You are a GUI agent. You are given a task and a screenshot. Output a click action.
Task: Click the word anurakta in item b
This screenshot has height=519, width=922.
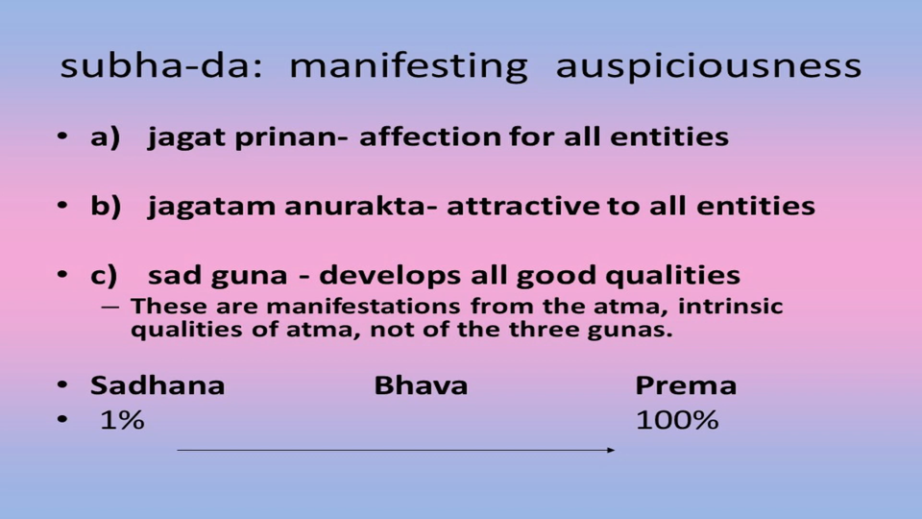pos(361,206)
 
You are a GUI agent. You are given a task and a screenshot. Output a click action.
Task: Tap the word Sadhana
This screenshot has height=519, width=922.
pos(158,386)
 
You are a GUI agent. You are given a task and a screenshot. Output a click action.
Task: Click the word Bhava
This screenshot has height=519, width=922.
pos(421,386)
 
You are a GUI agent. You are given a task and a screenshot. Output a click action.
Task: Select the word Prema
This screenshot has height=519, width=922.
pos(686,386)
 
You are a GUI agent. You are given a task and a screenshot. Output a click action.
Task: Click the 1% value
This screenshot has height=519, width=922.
pos(122,420)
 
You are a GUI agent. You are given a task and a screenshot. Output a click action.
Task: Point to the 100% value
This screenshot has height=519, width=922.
pos(677,420)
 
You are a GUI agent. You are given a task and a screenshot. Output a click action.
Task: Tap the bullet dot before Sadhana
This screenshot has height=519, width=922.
pos(62,385)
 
